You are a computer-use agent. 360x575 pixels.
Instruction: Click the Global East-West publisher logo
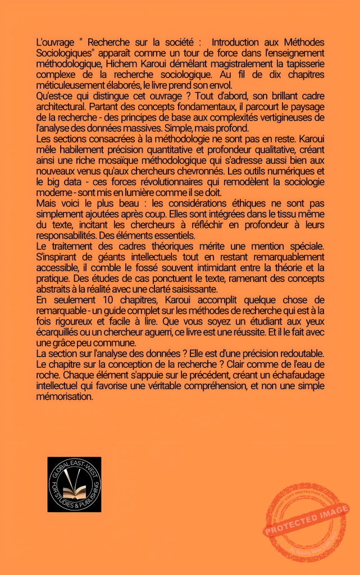point(74,484)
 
